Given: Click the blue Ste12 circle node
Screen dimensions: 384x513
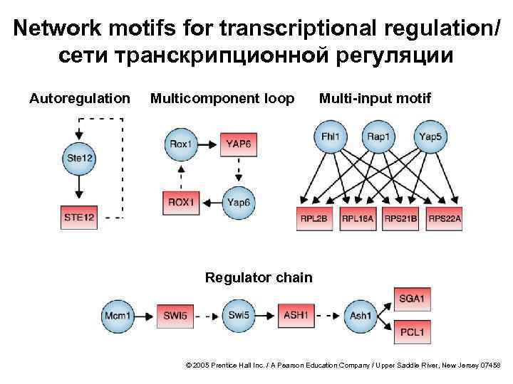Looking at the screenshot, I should pos(79,158).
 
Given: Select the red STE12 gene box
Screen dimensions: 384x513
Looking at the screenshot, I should pos(79,217).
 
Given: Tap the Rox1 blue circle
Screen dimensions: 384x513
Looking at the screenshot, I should pos(181,144).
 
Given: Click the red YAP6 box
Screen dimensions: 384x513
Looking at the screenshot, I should pos(239,144).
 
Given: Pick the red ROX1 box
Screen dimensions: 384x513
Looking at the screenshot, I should pos(181,203).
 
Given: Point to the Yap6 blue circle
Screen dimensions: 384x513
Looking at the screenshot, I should pos(239,203).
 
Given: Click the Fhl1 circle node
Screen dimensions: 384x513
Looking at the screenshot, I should pos(330,137).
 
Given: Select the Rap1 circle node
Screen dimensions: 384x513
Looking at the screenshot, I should pos(378,137).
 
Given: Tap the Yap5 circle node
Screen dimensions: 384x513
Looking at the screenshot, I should pos(430,137).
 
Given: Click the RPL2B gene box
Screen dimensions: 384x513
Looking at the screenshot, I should pos(314,219).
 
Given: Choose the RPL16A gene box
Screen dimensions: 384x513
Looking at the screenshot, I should pos(358,219).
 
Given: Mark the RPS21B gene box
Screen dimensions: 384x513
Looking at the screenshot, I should pos(401,219).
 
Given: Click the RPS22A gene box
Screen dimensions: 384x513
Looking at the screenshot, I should pos(445,219).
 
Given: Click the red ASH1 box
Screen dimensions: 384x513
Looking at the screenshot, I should pos(295,314).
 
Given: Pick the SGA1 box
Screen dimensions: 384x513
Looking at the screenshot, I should pos(412,299).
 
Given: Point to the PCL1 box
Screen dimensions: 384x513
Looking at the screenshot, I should pos(412,331).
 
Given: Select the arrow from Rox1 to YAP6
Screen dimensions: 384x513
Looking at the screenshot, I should pos(207,144).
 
